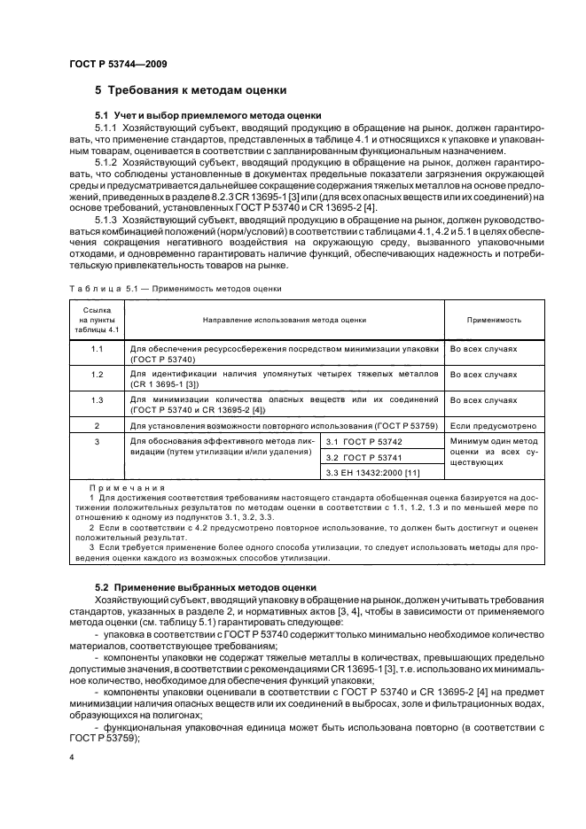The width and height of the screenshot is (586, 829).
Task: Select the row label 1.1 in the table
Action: coord(97,349)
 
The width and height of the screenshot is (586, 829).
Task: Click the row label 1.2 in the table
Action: coord(97,375)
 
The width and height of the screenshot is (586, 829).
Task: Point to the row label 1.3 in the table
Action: coord(97,400)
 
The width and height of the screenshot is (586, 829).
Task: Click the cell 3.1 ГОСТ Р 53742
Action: coord(365,440)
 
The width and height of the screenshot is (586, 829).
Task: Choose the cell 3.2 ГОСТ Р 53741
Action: coord(365,457)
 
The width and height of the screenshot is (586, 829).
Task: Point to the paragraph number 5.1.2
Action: coord(107,164)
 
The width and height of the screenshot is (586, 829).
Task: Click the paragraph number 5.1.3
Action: coord(107,220)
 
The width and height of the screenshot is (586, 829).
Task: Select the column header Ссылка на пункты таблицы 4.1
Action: coord(97,320)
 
